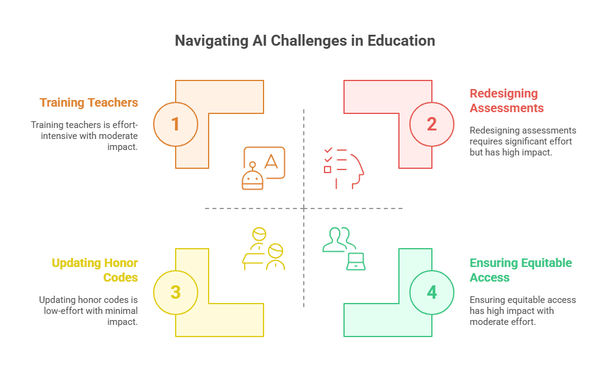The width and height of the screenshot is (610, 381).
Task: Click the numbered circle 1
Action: pyautogui.click(x=176, y=124)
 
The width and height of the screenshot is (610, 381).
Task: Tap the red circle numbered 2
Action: pyautogui.click(x=432, y=124)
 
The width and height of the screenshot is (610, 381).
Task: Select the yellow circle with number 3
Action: pyautogui.click(x=176, y=292)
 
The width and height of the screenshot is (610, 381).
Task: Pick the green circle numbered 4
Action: pyautogui.click(x=432, y=292)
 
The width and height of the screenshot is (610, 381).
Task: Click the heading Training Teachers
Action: pyautogui.click(x=89, y=102)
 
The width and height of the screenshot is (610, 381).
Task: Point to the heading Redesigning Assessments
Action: pyautogui.click(x=504, y=101)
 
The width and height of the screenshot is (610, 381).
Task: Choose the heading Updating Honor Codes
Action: pyautogui.click(x=95, y=270)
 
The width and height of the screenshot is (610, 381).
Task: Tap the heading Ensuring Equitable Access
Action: pyautogui.click(x=520, y=270)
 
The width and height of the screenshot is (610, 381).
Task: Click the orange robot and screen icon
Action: pyautogui.click(x=264, y=166)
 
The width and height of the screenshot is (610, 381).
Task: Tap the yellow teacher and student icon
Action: pyautogui.click(x=264, y=249)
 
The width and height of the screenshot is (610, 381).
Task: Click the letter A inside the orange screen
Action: pyautogui.click(x=271, y=162)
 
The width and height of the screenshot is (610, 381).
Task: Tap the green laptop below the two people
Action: pyautogui.click(x=355, y=262)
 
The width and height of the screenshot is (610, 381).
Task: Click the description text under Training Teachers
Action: pyautogui.click(x=84, y=135)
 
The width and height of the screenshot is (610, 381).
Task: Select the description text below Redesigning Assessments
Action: pyautogui.click(x=523, y=141)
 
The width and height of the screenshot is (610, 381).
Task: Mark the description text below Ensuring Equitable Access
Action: pyautogui.click(x=523, y=310)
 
